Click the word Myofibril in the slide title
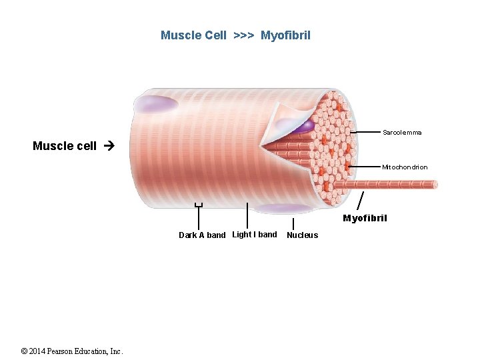tap(285, 35)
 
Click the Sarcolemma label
tap(402, 133)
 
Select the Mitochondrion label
tap(405, 167)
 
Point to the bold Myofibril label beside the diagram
tap(365, 218)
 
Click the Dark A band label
tap(202, 235)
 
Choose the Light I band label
tap(254, 235)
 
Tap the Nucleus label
tap(302, 235)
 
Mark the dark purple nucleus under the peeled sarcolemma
tap(303, 125)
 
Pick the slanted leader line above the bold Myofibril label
tap(361, 200)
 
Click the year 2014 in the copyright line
tap(39, 351)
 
